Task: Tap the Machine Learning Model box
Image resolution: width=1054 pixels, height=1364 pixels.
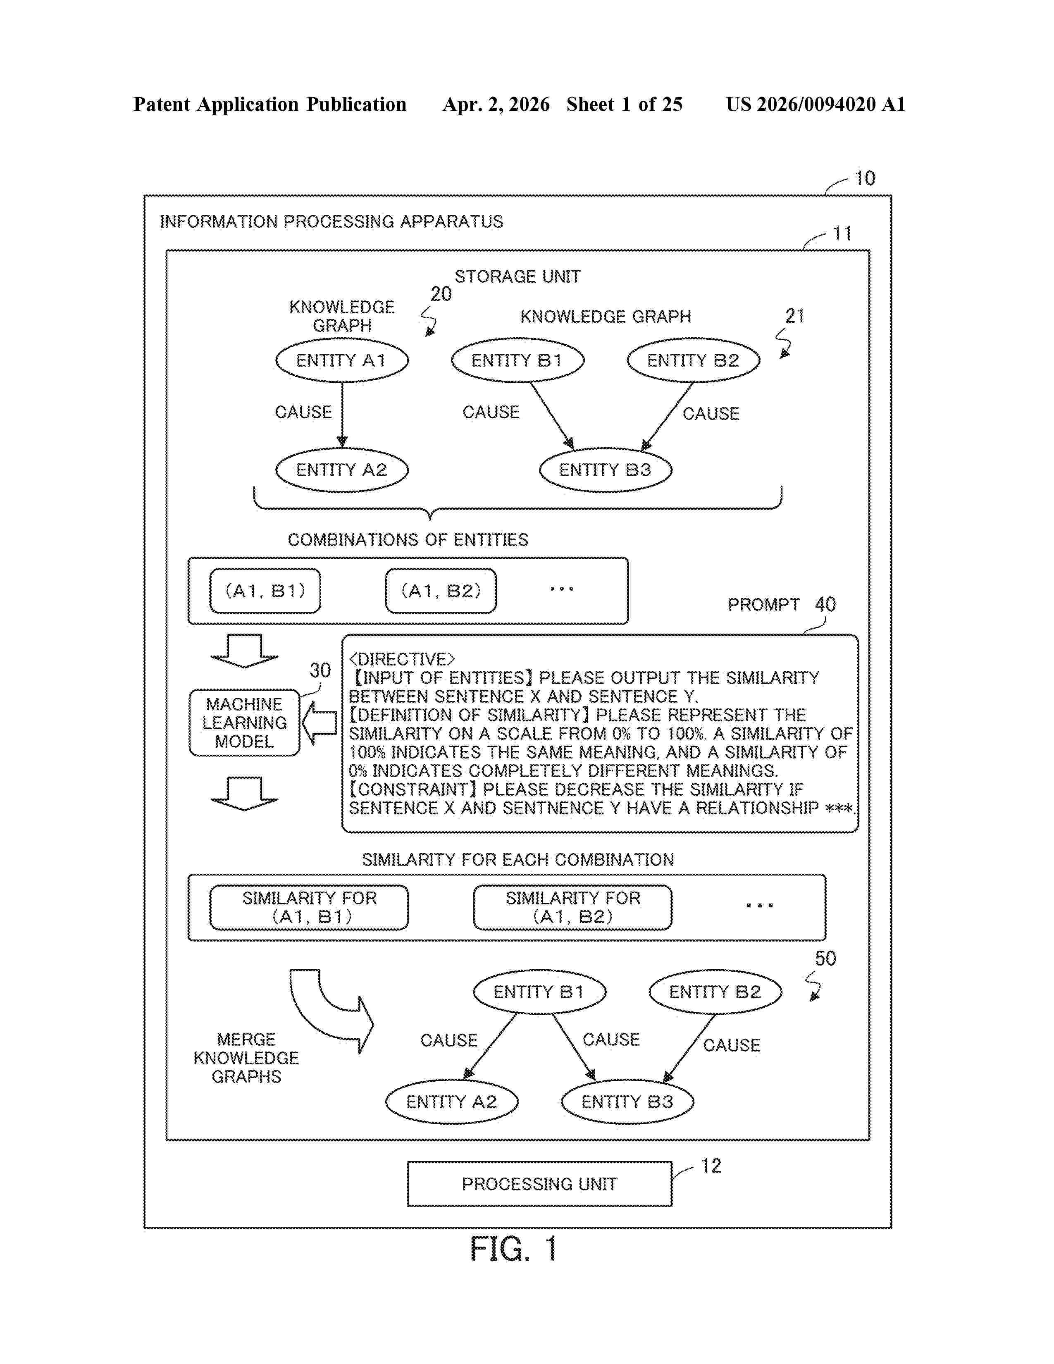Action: (244, 723)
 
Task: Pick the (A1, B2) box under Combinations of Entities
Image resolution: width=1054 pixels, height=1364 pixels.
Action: (441, 591)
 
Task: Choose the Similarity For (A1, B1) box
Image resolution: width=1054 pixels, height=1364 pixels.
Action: (309, 907)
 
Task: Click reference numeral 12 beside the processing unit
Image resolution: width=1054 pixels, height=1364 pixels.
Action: (711, 1166)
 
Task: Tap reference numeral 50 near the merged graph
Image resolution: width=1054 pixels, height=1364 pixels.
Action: (825, 959)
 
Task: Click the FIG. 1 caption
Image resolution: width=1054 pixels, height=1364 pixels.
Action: (513, 1249)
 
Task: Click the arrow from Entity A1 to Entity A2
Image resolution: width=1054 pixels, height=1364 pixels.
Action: (342, 415)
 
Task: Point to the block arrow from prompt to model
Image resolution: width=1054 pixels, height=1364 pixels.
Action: (319, 723)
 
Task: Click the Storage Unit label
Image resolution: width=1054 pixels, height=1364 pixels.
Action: (517, 277)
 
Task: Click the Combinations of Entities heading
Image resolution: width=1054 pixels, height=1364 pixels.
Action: (408, 539)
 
